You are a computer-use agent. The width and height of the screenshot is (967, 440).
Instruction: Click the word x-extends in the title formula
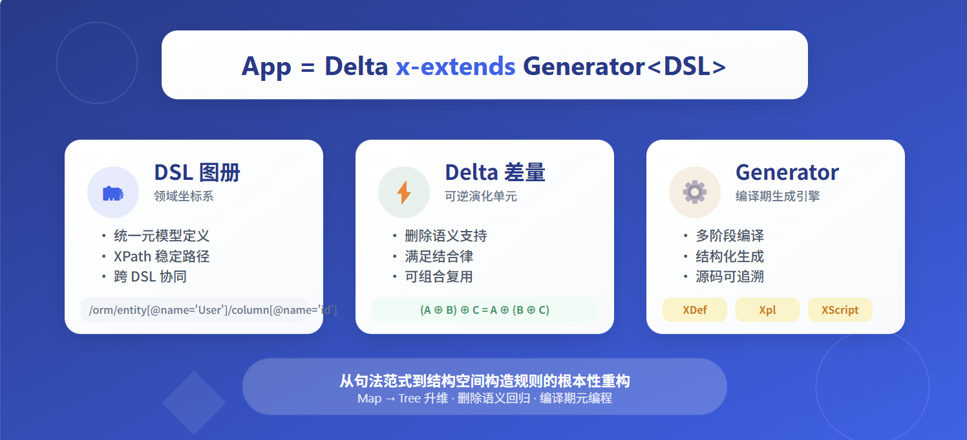[x=456, y=66]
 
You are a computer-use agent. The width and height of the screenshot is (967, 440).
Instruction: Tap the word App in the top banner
[x=266, y=67]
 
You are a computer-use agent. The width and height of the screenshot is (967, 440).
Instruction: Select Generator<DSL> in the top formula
[x=624, y=66]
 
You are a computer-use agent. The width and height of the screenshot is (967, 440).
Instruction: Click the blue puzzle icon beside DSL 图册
[x=113, y=193]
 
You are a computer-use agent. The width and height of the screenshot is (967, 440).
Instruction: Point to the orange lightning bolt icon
[x=403, y=192]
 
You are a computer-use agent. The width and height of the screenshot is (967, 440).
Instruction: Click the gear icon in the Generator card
[x=695, y=192]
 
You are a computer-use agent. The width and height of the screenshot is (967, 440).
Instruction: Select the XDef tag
[x=695, y=310]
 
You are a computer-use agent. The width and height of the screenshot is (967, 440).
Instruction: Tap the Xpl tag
[x=767, y=310]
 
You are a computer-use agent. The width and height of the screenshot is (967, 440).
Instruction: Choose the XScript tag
[x=840, y=310]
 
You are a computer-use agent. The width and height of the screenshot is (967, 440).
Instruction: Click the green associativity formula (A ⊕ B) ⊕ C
[x=485, y=310]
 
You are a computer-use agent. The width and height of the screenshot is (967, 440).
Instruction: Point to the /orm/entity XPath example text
[x=213, y=310]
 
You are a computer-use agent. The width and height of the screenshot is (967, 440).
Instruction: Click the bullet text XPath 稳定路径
[x=162, y=256]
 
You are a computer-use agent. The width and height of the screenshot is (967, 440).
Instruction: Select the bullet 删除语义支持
[x=445, y=236]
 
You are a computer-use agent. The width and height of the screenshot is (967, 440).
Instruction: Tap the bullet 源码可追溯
[x=730, y=277]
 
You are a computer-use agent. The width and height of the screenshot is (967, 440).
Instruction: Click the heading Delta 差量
[x=495, y=172]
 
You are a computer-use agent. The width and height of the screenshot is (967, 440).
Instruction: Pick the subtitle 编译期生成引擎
[x=778, y=196]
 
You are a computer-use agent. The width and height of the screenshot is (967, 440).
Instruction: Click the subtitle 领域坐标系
[x=184, y=196]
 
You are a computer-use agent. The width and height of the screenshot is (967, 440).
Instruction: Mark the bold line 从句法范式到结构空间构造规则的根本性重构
[x=485, y=380]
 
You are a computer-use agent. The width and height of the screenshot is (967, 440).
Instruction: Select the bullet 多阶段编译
[x=730, y=236]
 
